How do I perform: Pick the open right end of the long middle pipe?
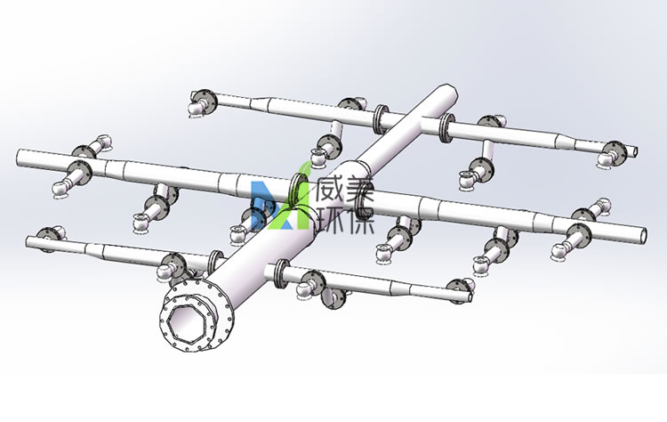(x=647, y=234)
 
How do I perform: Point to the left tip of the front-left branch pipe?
(x=30, y=238)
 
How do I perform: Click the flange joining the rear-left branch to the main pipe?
(x=383, y=117)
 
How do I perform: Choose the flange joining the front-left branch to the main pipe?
(x=214, y=262)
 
